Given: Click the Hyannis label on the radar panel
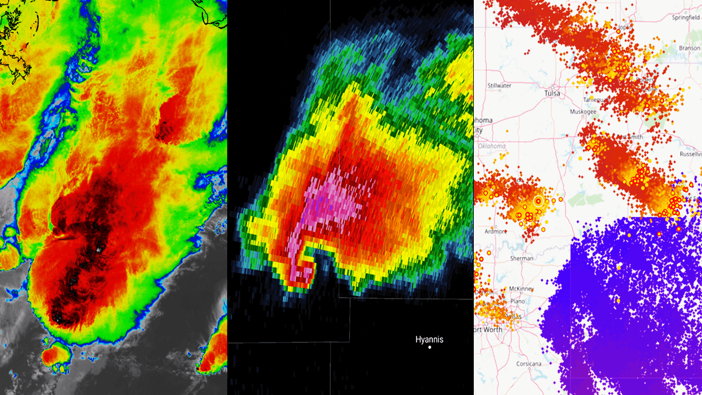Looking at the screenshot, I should (x=429, y=339).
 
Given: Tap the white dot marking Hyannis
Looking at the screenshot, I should (x=429, y=348).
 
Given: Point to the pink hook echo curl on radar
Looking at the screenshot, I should (x=305, y=271).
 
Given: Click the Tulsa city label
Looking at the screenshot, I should (x=552, y=93).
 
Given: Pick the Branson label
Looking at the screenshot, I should (x=689, y=48).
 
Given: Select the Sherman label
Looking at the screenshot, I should (x=521, y=258).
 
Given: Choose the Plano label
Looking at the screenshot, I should (x=517, y=301).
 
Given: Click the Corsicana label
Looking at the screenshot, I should (x=529, y=363).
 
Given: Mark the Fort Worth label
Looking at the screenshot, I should (x=487, y=330).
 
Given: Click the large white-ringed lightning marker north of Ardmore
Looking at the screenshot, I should (x=538, y=201).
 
